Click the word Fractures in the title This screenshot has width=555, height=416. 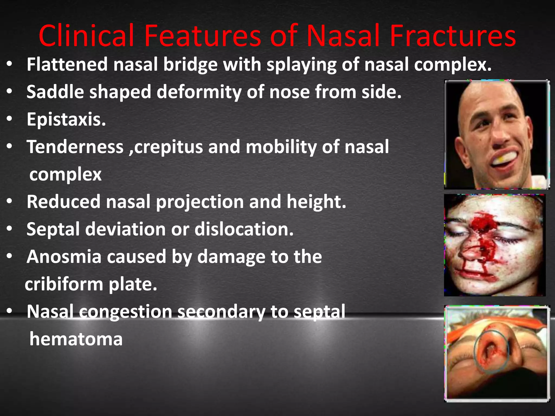(453, 36)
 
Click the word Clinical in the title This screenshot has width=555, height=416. (86, 36)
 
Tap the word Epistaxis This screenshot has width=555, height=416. (66, 119)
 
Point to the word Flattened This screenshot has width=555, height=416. (67, 64)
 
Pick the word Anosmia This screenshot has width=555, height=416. (64, 256)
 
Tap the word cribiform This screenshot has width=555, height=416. (64, 284)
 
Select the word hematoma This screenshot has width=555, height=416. (76, 339)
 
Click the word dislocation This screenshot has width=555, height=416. (244, 229)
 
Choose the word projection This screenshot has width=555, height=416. (200, 202)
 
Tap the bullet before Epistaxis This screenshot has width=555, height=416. (10, 119)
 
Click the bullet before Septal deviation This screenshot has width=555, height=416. (10, 229)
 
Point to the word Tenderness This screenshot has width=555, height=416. (75, 147)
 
